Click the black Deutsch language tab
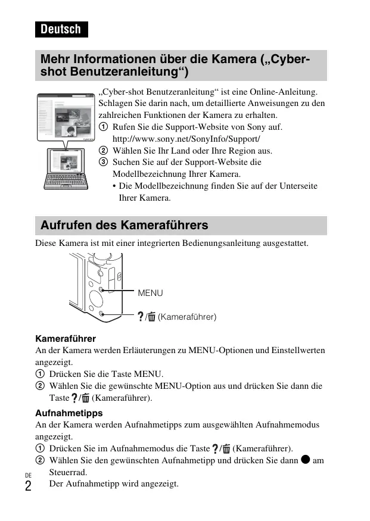point(61,29)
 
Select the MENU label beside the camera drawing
point(150,293)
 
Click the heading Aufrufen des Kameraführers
point(124,225)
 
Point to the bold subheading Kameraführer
point(66,338)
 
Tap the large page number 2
point(28,485)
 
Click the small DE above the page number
point(27,475)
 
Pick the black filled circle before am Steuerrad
point(304,460)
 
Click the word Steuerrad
point(68,472)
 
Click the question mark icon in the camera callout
point(141,317)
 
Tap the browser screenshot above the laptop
point(67,117)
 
